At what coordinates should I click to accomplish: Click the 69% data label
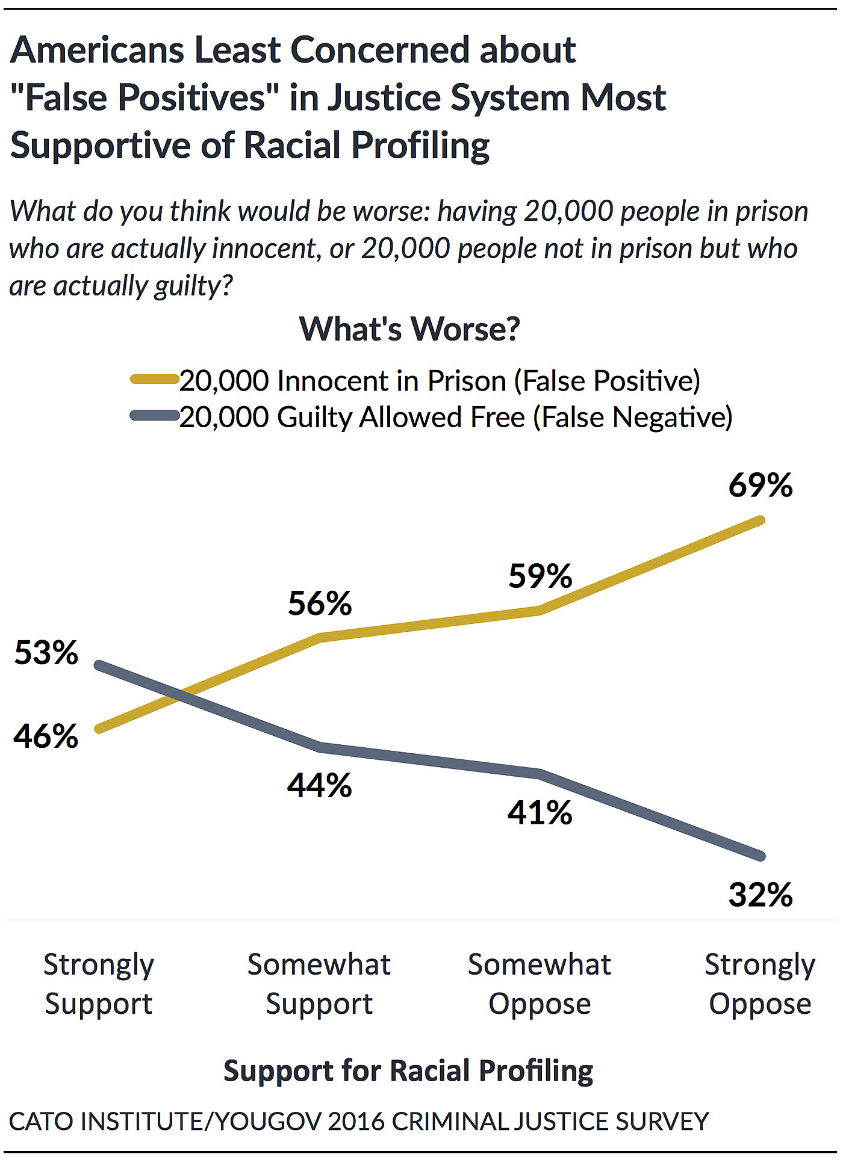click(760, 486)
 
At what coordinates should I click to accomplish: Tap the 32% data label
click(760, 895)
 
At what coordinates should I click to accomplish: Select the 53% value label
click(46, 653)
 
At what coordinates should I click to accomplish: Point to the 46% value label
click(46, 736)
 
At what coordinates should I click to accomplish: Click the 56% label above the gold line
click(320, 603)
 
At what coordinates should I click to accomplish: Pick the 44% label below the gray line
click(320, 786)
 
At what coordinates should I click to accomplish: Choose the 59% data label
click(540, 576)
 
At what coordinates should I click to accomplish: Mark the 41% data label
click(540, 813)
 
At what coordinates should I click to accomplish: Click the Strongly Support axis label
click(99, 984)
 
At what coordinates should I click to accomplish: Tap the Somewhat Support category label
click(319, 984)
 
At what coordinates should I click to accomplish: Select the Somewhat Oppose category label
click(540, 984)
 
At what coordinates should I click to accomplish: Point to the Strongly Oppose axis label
click(760, 984)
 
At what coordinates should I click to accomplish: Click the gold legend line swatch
click(155, 379)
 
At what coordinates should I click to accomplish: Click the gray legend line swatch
click(155, 415)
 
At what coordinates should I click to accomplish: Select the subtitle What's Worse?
click(409, 329)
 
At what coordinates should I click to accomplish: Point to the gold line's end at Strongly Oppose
click(761, 520)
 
